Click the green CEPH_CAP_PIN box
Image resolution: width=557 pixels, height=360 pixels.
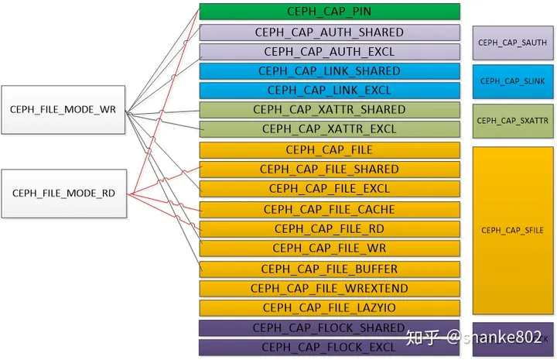tap(330, 12)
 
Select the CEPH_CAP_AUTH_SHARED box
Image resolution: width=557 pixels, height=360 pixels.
tap(330, 33)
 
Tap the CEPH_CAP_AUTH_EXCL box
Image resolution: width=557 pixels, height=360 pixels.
tap(330, 52)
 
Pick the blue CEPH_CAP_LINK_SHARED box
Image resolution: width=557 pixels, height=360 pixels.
tap(330, 71)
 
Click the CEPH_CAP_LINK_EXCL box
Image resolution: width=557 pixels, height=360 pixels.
tap(330, 90)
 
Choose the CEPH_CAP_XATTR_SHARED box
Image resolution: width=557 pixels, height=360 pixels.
tap(330, 110)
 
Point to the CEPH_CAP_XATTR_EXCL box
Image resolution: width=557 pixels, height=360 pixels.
tap(330, 129)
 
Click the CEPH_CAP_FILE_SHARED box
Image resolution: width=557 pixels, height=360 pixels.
tap(330, 169)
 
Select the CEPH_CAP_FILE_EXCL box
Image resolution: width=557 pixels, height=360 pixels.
tap(330, 188)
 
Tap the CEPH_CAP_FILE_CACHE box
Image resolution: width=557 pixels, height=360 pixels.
tap(330, 209)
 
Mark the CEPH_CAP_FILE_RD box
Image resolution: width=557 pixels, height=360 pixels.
tap(330, 229)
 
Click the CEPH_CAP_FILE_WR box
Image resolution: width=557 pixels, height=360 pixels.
tap(330, 249)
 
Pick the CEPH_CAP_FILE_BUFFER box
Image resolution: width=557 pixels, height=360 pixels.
tap(330, 269)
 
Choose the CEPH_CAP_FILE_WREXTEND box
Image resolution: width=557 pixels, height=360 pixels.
tap(330, 288)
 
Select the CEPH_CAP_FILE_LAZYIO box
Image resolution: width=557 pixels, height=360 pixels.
tap(330, 308)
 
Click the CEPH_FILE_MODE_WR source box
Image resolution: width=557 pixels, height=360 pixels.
tap(63, 110)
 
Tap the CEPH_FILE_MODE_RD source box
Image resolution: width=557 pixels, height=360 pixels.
tap(63, 193)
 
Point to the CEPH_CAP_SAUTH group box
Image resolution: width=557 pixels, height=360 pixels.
tap(513, 43)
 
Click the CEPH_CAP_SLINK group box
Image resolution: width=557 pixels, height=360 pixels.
tap(513, 81)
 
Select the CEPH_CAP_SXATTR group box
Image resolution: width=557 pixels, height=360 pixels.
tap(513, 121)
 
